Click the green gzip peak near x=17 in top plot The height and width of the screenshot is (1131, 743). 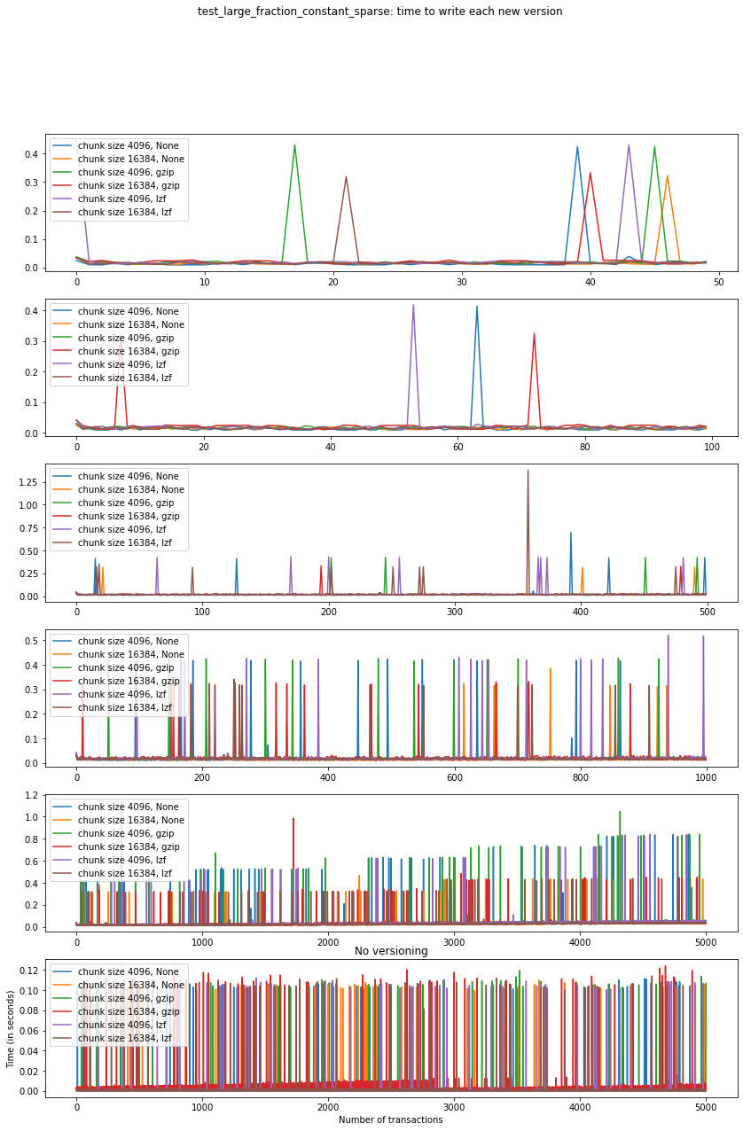coord(294,146)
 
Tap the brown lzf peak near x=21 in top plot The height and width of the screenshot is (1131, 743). coord(346,177)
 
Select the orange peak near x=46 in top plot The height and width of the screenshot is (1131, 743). coord(667,176)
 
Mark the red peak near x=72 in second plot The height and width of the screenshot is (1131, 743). coord(534,334)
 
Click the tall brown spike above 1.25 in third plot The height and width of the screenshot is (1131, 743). coord(528,472)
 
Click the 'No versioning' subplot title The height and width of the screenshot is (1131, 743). coord(391,951)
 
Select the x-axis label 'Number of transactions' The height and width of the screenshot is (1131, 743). coord(391,1119)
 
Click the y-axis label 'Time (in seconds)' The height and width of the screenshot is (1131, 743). coord(11,1036)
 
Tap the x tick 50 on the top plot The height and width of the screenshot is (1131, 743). coord(719,282)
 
